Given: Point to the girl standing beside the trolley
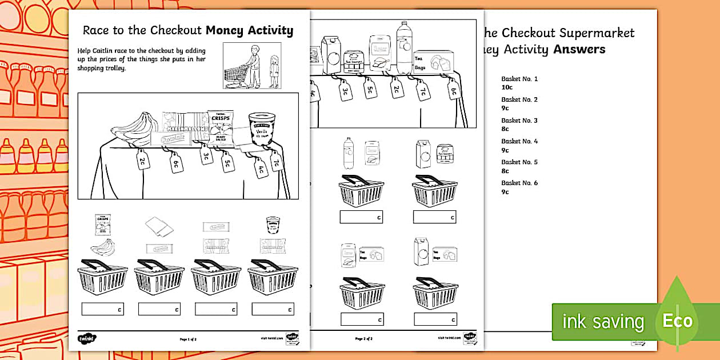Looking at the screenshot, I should click(x=274, y=71).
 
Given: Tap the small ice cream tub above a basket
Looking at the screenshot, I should click(x=273, y=225).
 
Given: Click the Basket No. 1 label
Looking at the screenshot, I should click(x=519, y=79).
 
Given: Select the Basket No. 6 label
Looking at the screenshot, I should click(x=519, y=183).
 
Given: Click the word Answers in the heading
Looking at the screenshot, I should click(x=579, y=49).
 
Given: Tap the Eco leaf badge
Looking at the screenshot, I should click(x=677, y=320).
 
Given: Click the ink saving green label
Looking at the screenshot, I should click(x=602, y=322).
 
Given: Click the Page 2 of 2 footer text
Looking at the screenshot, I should click(x=363, y=339).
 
